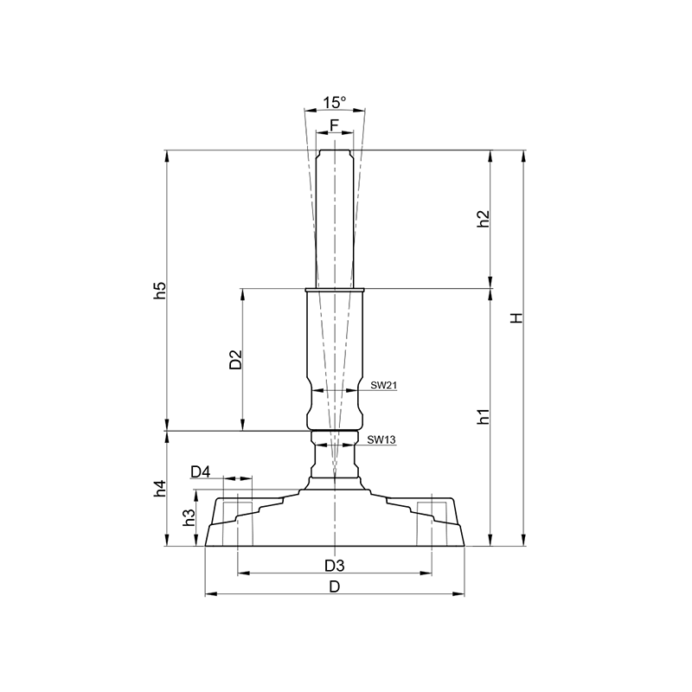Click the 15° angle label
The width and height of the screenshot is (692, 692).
[x=335, y=102]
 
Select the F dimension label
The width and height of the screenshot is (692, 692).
[x=334, y=125]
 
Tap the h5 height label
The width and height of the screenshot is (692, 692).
[x=160, y=290]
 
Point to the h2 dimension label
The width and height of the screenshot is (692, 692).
[x=484, y=219]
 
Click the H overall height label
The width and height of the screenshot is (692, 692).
[x=516, y=317]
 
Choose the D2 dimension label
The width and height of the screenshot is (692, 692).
[x=236, y=359]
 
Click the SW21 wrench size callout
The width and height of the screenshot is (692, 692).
[x=383, y=385]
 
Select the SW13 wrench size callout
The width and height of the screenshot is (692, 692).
[x=381, y=439]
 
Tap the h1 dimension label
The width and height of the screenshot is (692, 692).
[x=484, y=416]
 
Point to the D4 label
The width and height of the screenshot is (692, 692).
[x=201, y=471]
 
